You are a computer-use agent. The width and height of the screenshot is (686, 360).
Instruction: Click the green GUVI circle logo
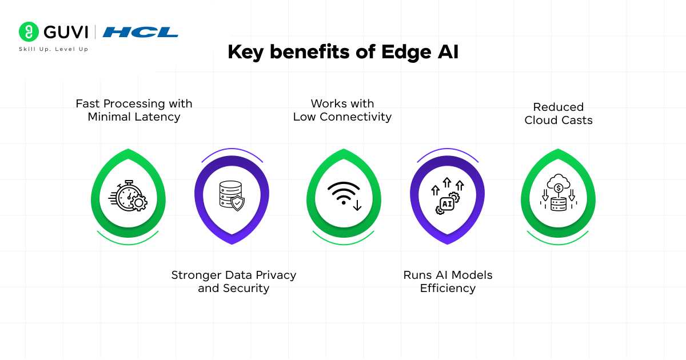point(29,31)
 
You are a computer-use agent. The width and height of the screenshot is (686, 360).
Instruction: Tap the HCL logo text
point(140,32)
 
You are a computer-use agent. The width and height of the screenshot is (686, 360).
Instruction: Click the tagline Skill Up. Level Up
point(54,49)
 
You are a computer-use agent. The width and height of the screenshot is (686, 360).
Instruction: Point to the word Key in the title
point(246,53)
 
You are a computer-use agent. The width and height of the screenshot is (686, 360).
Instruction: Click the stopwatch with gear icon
point(128,195)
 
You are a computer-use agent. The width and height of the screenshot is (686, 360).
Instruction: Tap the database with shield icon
point(232,196)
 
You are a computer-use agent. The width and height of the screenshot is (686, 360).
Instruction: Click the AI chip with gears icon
point(448,196)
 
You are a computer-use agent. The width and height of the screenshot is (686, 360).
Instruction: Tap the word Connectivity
point(356,117)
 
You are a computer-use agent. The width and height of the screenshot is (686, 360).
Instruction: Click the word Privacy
point(276,275)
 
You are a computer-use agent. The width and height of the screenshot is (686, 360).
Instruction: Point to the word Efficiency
point(448,289)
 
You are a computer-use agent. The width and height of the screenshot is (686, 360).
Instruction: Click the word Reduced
point(559,107)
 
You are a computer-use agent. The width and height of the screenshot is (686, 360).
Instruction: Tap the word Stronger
point(196,275)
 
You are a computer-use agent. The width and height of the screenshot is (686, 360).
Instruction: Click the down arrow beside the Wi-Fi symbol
point(357,205)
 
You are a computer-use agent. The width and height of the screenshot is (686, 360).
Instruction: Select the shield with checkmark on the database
point(238,203)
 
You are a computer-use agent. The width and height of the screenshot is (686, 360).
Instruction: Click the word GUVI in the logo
point(66,32)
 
